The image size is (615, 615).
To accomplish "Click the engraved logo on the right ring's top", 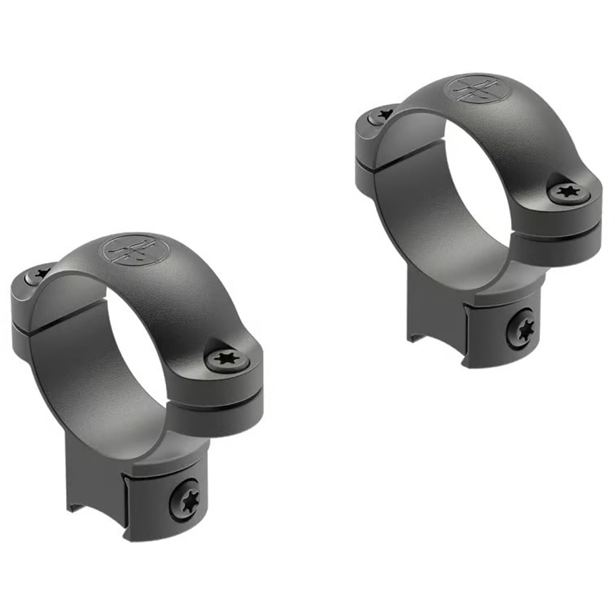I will click(x=477, y=89).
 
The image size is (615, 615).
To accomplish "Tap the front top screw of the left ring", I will click(x=227, y=359).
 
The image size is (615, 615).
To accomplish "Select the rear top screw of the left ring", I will click(x=39, y=274).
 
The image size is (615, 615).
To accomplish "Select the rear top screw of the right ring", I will click(x=382, y=114).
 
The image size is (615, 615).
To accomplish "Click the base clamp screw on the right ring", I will click(x=520, y=329).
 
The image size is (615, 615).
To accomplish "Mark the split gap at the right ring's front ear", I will click(x=556, y=233).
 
